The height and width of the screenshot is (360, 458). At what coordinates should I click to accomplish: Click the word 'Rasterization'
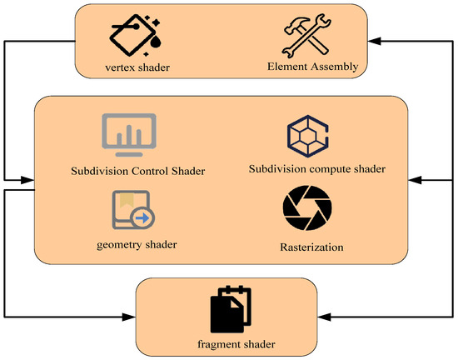311,247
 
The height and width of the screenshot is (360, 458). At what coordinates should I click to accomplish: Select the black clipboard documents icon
231,309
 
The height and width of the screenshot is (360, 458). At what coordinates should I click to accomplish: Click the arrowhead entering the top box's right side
372,41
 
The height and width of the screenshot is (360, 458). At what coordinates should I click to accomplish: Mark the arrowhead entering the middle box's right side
416,179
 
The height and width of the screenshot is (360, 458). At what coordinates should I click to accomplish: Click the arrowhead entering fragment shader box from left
129,317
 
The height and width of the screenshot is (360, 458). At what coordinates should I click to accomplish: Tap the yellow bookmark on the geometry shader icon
126,200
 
